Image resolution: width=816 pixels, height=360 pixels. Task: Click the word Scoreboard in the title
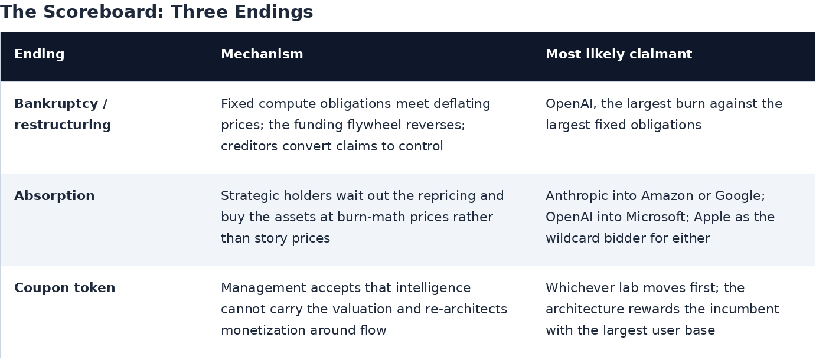click(x=100, y=12)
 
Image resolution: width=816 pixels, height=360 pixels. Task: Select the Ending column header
click(x=40, y=54)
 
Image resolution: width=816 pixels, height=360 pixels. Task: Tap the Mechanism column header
click(x=262, y=54)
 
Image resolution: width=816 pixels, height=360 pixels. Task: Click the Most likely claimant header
click(x=619, y=54)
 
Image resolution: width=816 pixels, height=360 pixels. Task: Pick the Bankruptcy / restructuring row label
click(x=63, y=114)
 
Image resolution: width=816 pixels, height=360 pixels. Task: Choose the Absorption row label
click(x=54, y=196)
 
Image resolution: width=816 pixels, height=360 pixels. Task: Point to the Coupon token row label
click(x=64, y=288)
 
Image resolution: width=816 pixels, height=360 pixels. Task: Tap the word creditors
click(x=249, y=146)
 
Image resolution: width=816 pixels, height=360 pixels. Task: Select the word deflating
click(x=462, y=104)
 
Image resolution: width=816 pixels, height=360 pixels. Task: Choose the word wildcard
click(x=572, y=238)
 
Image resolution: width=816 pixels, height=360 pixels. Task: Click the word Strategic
click(x=250, y=196)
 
